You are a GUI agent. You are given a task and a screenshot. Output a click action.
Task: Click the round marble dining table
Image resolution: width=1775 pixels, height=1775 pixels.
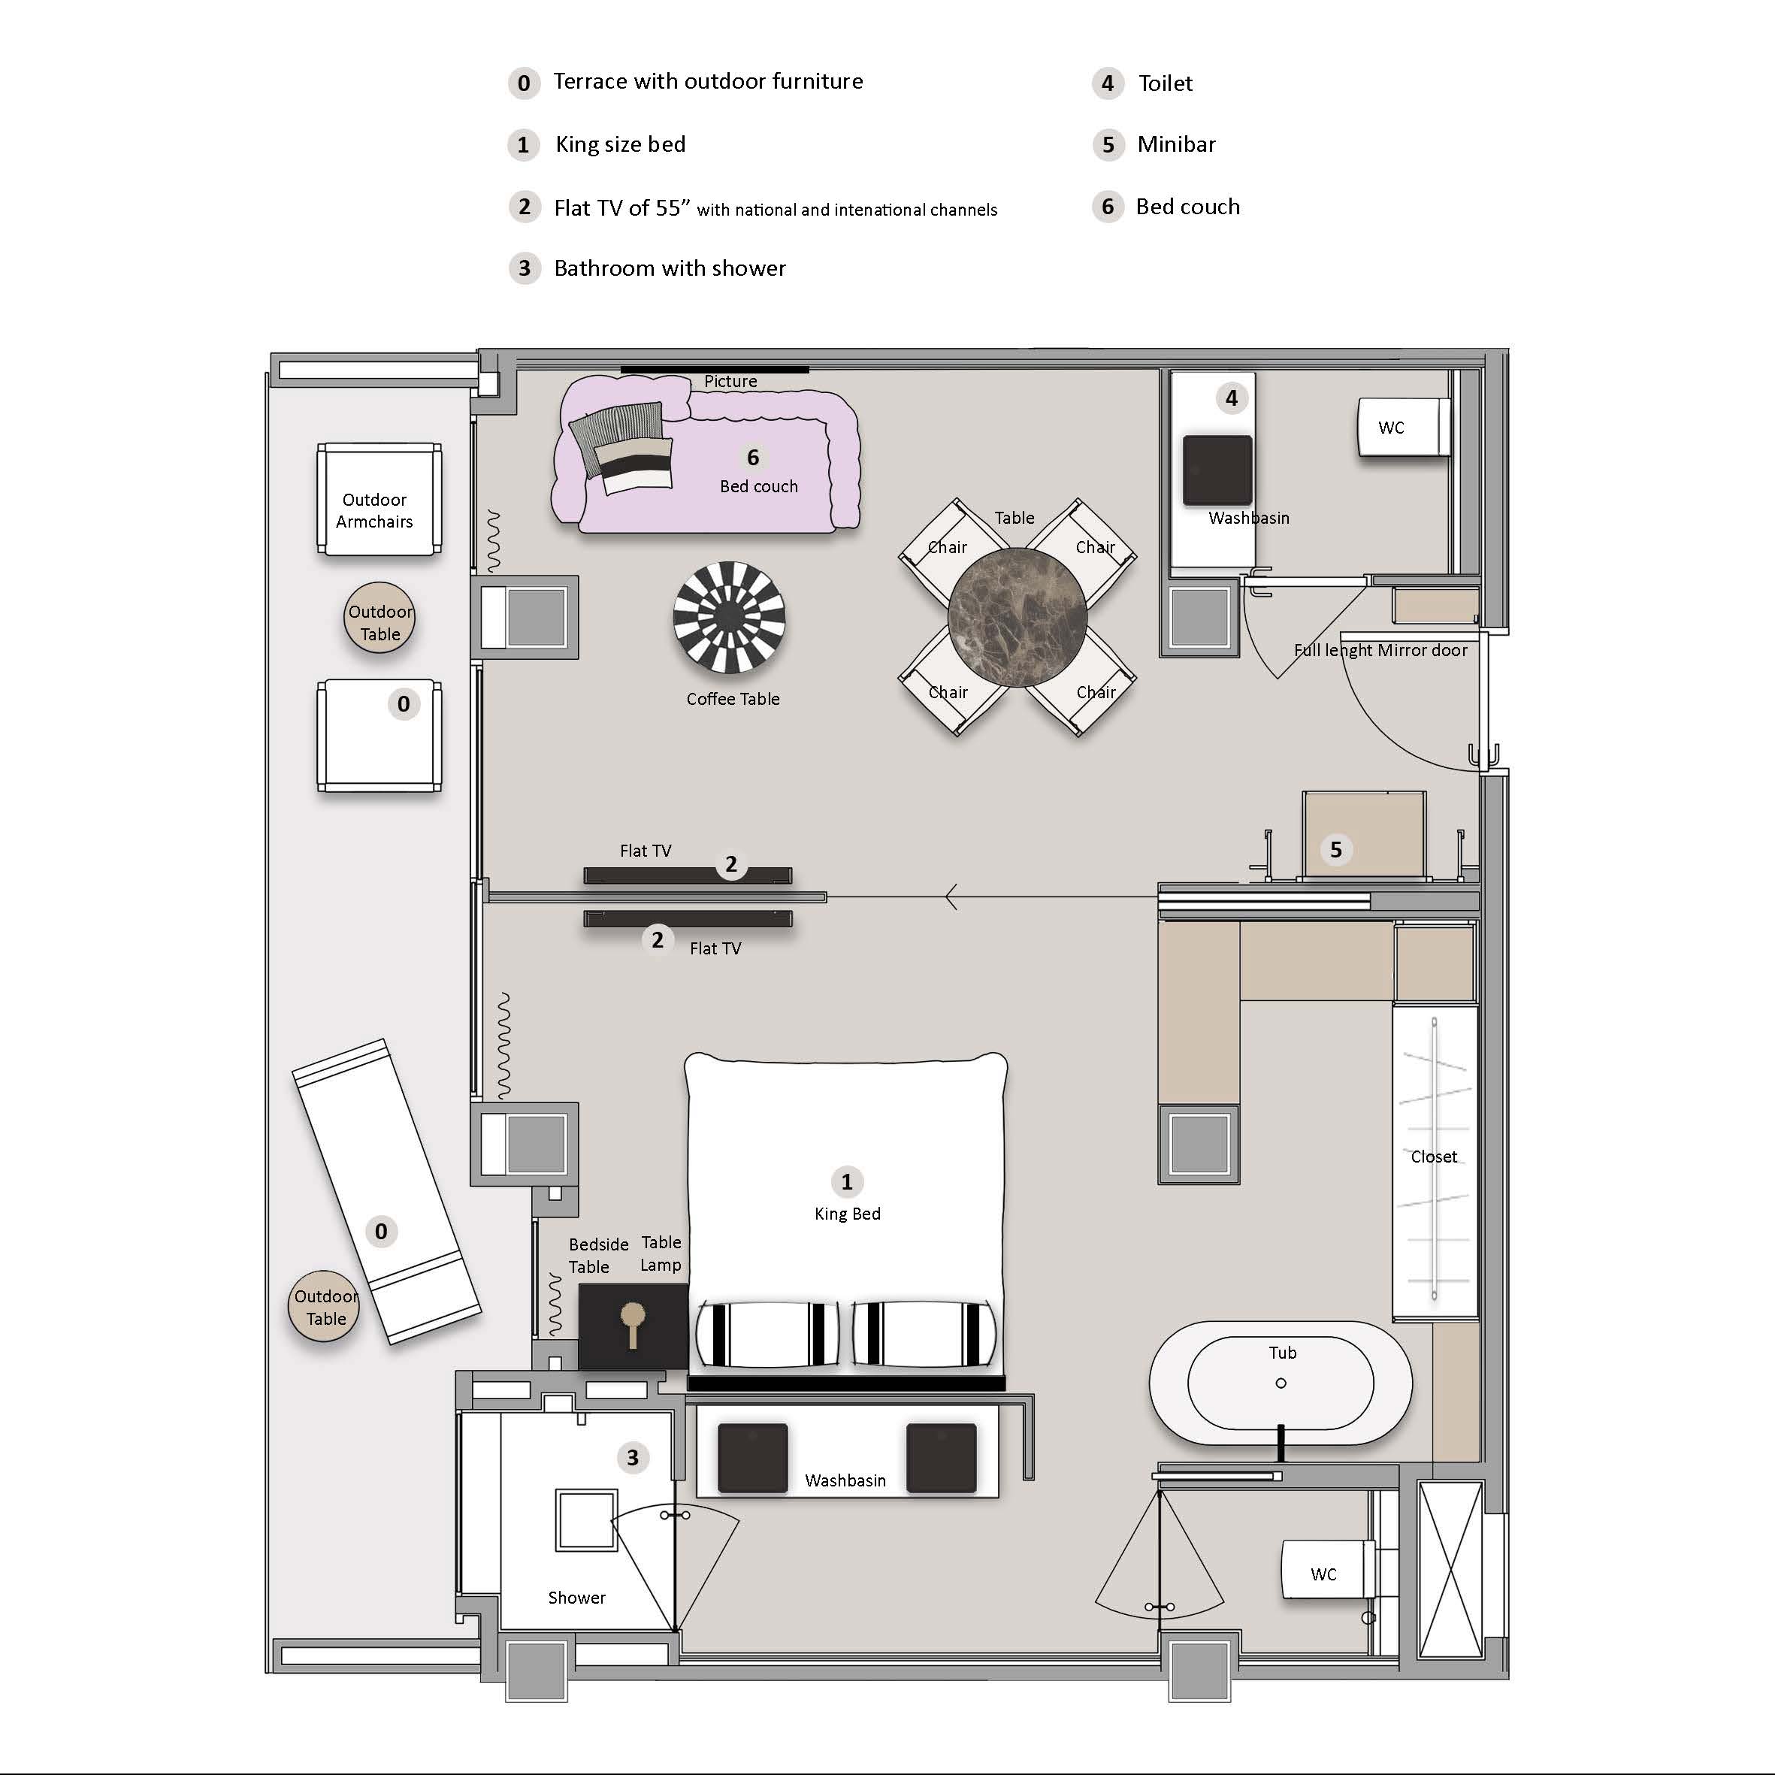pyautogui.click(x=1017, y=616)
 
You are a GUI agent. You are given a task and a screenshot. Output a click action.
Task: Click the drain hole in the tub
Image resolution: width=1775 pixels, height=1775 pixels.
pyautogui.click(x=1281, y=1383)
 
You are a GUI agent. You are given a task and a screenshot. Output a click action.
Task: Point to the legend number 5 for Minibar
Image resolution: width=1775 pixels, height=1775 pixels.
pyautogui.click(x=1108, y=145)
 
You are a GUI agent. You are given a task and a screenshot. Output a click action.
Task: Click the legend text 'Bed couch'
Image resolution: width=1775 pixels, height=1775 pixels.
pyautogui.click(x=1188, y=207)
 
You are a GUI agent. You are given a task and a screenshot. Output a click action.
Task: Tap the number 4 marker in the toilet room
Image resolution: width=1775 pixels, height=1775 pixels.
pyautogui.click(x=1231, y=398)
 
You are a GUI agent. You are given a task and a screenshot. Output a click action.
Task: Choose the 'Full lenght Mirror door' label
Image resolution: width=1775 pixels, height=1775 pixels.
pyautogui.click(x=1380, y=651)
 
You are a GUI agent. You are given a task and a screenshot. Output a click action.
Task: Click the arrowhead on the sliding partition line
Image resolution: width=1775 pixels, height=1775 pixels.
pyautogui.click(x=952, y=897)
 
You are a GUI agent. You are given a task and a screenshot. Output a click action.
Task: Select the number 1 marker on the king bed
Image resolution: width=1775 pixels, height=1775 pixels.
pyautogui.click(x=846, y=1181)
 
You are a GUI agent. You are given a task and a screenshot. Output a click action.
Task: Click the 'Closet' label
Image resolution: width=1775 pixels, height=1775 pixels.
pyautogui.click(x=1433, y=1157)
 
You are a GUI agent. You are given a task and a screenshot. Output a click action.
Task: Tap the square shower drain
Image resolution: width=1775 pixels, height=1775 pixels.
pyautogui.click(x=586, y=1519)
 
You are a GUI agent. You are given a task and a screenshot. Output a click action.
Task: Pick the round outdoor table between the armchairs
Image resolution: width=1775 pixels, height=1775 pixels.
pyautogui.click(x=379, y=618)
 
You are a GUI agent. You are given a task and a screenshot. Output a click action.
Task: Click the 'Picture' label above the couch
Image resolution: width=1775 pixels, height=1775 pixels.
pyautogui.click(x=730, y=381)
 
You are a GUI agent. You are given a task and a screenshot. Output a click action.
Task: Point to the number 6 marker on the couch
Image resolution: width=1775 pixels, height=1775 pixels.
pyautogui.click(x=752, y=457)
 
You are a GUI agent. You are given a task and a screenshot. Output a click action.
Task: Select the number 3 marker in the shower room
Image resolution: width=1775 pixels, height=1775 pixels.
pyautogui.click(x=632, y=1457)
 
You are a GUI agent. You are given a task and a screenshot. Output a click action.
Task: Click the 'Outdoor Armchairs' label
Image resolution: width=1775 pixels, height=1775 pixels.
pyautogui.click(x=374, y=511)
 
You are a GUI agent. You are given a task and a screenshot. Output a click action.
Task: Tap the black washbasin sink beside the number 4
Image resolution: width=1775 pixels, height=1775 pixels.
pyautogui.click(x=1217, y=470)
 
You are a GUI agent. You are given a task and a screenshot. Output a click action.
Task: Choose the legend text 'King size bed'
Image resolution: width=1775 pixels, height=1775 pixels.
pyautogui.click(x=620, y=144)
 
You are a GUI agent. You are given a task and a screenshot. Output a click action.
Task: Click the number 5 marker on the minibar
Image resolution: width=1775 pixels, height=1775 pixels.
pyautogui.click(x=1336, y=850)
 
